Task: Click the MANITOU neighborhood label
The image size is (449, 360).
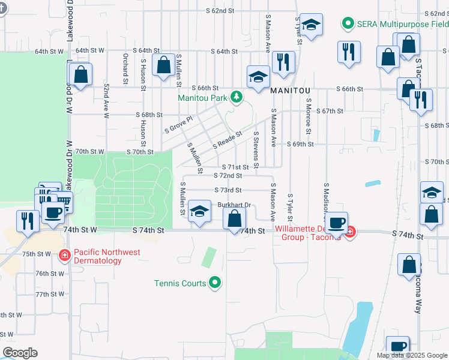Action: (x=293, y=89)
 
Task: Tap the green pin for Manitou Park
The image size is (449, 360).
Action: (x=237, y=97)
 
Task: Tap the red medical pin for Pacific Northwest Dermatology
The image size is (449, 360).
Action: (x=64, y=256)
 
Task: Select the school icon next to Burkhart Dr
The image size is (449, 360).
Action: (x=199, y=211)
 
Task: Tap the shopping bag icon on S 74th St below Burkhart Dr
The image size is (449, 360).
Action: (x=234, y=219)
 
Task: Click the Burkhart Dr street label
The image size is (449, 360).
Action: (x=234, y=205)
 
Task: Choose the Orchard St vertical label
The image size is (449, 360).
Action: (x=125, y=68)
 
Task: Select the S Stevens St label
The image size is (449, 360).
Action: (x=256, y=149)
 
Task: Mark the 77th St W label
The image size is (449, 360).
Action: (x=50, y=295)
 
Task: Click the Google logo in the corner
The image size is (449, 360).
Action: (x=20, y=353)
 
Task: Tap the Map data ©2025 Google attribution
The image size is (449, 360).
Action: (x=411, y=355)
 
